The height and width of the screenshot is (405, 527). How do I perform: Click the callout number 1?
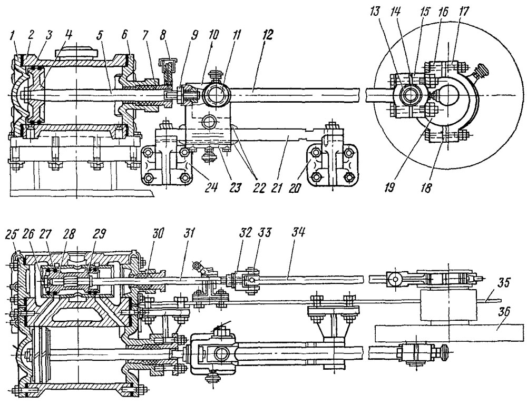pos(13,34)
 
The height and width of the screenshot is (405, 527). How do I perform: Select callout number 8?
pos(173,34)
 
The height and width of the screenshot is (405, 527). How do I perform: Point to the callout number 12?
pos(269,34)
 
